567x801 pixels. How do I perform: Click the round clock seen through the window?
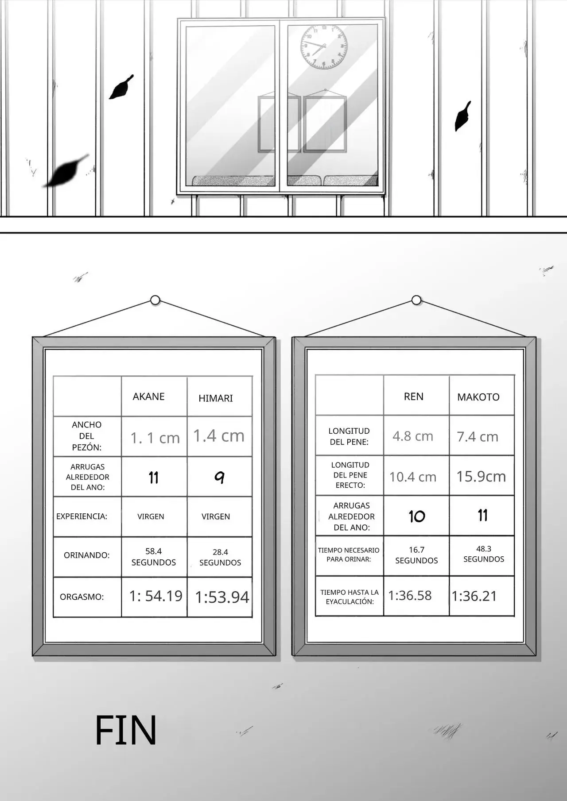point(324,46)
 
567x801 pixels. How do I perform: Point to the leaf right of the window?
point(462,116)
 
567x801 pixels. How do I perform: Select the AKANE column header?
point(148,397)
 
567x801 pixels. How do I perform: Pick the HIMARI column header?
point(215,398)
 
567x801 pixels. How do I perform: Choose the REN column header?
point(413,397)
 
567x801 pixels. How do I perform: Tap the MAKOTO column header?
point(478,397)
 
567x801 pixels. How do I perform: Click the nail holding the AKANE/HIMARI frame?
point(155,300)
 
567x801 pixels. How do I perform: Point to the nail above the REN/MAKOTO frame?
point(416,300)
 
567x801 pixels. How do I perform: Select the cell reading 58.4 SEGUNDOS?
point(154,557)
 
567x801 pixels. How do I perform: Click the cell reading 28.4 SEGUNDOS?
point(220,557)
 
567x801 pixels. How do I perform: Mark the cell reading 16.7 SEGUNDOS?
point(416,555)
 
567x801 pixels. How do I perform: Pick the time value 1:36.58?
point(410,596)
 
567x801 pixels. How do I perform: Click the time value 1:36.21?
point(474,596)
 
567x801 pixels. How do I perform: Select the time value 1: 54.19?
point(155,596)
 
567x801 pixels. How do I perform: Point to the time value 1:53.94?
point(222,597)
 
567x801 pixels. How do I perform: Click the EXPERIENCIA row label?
point(82,516)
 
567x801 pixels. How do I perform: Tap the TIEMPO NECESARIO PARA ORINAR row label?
point(349,555)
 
